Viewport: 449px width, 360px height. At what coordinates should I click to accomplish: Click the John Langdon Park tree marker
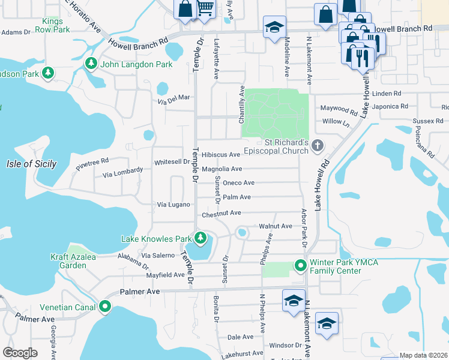coord(92,63)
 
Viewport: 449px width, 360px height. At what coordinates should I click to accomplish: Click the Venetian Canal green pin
coord(105,307)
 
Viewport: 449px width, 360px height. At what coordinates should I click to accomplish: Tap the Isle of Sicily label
coord(31,164)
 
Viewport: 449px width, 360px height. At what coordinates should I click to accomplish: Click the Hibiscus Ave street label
coord(221,155)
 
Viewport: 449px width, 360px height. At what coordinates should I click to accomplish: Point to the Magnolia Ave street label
coord(221,169)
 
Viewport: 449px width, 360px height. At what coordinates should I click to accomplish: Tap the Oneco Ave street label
coord(239,183)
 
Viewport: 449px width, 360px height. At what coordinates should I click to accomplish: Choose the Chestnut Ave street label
coord(221,213)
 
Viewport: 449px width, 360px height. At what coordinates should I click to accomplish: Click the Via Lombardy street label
coord(122,172)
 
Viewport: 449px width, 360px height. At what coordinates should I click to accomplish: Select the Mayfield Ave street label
coord(165,275)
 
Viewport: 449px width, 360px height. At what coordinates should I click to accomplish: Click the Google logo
coord(20,352)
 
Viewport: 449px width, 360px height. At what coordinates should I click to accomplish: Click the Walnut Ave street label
coord(275,226)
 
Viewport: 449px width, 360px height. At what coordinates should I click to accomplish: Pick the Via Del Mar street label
coord(173,98)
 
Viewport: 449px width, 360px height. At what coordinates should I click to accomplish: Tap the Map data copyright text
coord(423,355)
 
